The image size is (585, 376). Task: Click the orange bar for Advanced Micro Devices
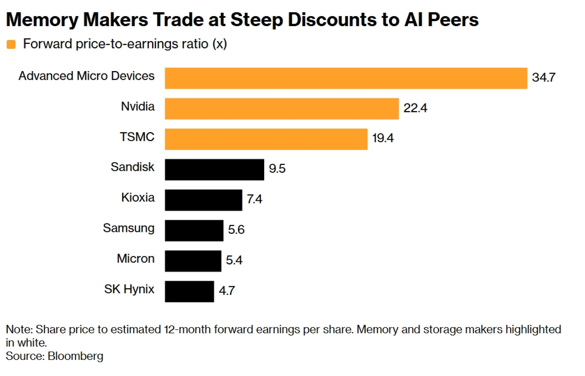coord(346,78)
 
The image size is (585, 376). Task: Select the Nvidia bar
coord(282,109)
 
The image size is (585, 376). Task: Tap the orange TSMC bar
coord(266,139)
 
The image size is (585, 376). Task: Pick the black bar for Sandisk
coord(214,169)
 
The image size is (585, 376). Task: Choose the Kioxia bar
coord(203,200)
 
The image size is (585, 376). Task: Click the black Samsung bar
coord(194,230)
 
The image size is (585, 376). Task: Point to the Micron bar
coord(193,261)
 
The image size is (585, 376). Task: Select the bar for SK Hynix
coord(189,291)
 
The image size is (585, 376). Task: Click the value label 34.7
coord(543,77)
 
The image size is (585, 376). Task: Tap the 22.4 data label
coord(415,108)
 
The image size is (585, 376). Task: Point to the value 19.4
coord(383,138)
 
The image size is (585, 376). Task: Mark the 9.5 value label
coord(277,169)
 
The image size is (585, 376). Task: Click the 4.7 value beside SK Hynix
coord(227,291)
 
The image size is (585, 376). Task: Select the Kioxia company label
coord(138,198)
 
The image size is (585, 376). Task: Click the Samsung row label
coord(128,228)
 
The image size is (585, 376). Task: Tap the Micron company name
coord(136,258)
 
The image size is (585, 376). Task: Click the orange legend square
coord(11,44)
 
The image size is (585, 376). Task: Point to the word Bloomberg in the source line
coord(75,356)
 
